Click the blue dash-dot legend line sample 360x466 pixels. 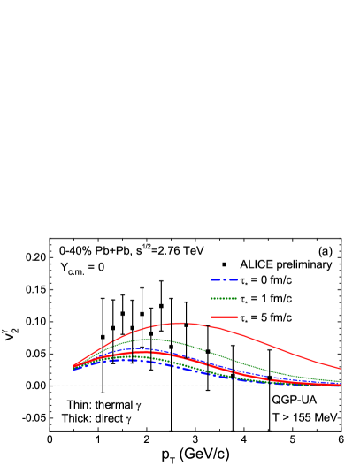coord(224,279)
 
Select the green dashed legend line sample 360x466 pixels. coord(224,298)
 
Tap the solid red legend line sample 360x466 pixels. coord(224,317)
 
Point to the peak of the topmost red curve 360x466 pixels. coord(184,323)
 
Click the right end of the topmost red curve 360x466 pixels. coord(341,369)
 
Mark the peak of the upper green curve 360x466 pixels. coord(152,339)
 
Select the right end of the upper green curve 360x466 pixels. coord(341,381)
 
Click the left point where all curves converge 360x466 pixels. coord(73,368)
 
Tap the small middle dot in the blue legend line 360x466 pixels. coord(224,279)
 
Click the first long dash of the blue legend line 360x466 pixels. coord(214,279)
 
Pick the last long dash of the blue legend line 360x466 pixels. coord(234,279)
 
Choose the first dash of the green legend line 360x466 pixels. coord(213,298)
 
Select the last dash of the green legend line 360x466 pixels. coord(234,298)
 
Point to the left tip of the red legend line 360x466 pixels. coord(211,317)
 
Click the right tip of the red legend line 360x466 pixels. coord(238,317)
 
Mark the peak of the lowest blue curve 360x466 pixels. coord(128,361)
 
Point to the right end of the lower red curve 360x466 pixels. coord(341,385)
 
